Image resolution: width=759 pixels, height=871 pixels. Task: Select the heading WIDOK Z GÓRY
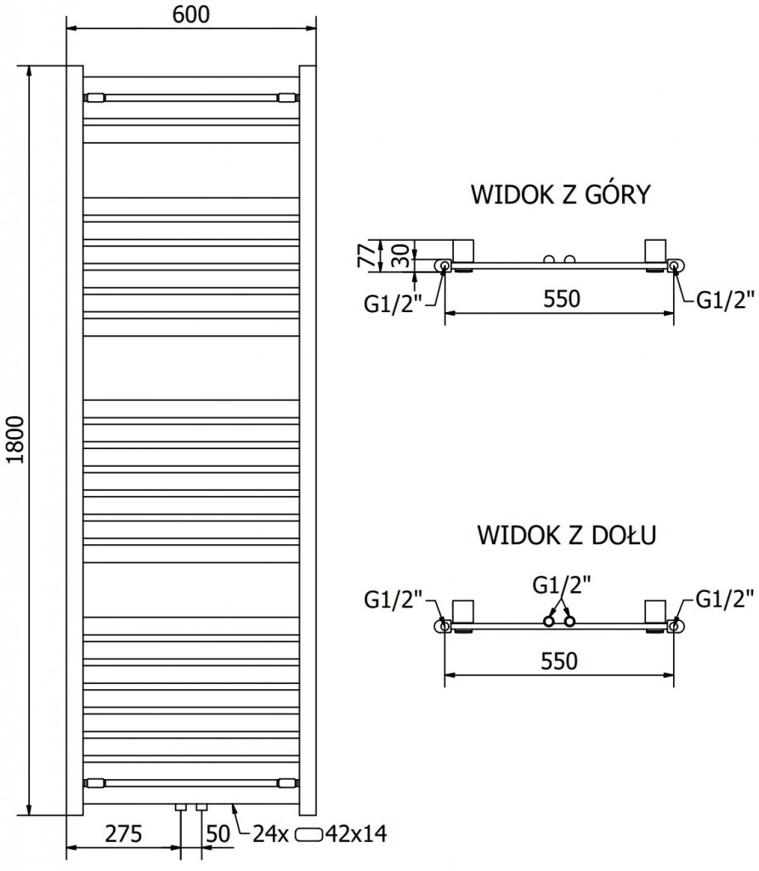click(x=561, y=195)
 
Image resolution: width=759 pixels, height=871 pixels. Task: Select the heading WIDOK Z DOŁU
click(x=564, y=536)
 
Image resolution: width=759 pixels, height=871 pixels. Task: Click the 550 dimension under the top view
click(x=561, y=299)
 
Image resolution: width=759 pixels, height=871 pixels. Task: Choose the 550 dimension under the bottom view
click(x=561, y=661)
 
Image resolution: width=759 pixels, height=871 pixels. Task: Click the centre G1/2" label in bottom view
click(x=561, y=585)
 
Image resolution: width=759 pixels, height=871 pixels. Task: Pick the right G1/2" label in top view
click(x=726, y=299)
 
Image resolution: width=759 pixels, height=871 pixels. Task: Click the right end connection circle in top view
click(x=675, y=266)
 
